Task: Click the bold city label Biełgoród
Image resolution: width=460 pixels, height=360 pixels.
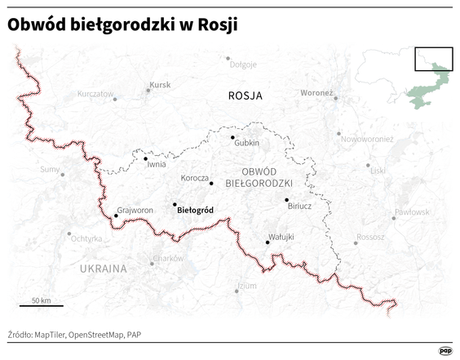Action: click(x=195, y=210)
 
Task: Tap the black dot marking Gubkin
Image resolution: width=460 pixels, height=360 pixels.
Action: click(x=232, y=137)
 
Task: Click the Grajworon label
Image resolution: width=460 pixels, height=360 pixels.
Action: click(x=135, y=210)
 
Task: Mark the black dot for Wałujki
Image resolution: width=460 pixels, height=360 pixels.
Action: click(x=268, y=242)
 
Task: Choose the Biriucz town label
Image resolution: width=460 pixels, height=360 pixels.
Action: click(x=299, y=207)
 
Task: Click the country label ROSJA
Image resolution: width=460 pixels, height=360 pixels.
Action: click(x=245, y=96)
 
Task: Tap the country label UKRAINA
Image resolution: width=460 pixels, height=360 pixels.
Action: click(x=104, y=268)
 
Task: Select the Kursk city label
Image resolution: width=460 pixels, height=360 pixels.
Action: click(x=160, y=85)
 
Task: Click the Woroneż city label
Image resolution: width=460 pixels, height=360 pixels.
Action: click(x=316, y=93)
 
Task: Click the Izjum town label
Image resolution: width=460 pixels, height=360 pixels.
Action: click(x=246, y=286)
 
